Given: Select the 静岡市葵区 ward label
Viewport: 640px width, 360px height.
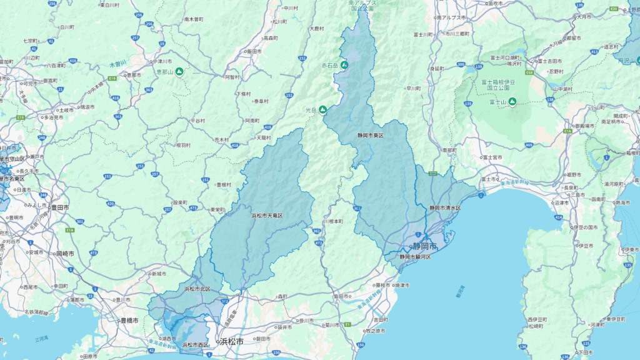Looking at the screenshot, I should tap(370, 135).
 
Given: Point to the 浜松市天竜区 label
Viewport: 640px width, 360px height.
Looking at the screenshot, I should tap(267, 216).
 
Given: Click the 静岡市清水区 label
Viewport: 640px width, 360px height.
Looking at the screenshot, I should tap(444, 207).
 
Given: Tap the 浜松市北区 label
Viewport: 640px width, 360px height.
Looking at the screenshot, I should tap(197, 289).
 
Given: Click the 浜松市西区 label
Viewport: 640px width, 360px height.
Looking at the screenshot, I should tap(196, 344).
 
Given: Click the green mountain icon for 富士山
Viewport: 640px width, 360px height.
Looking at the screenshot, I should tap(512, 102).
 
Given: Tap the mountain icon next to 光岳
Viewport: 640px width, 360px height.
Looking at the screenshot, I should tap(323, 110).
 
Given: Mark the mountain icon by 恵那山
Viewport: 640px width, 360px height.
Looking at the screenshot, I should tap(179, 72).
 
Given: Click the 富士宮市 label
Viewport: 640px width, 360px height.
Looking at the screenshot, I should tap(493, 158).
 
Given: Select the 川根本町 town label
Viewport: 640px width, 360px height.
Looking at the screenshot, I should tap(333, 221).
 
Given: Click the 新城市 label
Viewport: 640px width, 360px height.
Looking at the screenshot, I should tap(159, 274).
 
